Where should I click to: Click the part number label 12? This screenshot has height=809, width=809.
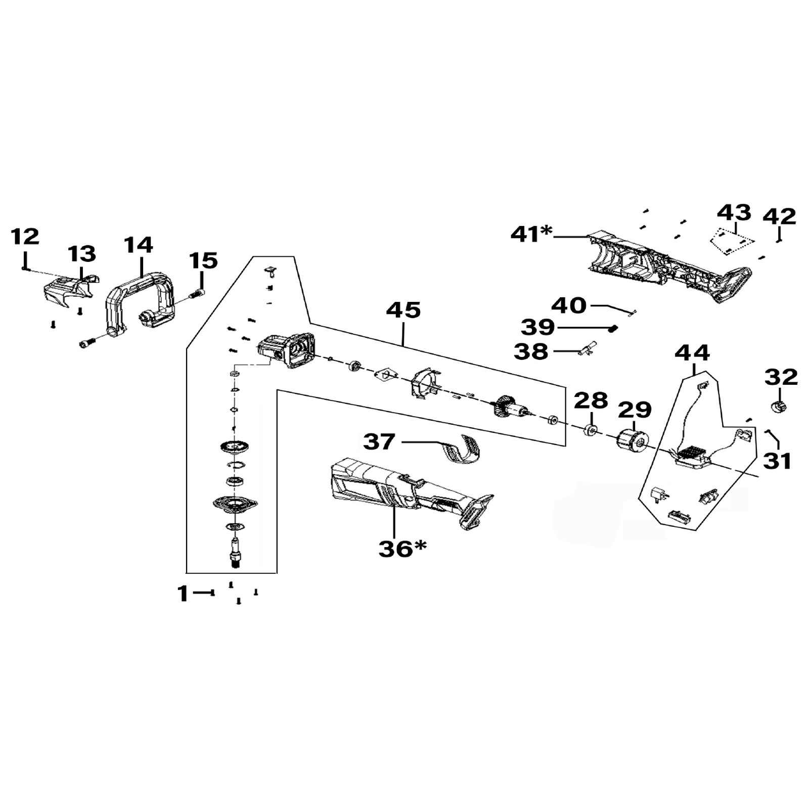(x=25, y=237)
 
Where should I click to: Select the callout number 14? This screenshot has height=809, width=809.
(x=139, y=245)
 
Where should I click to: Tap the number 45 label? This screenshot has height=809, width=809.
(x=403, y=310)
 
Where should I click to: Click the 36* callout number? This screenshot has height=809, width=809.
(x=402, y=549)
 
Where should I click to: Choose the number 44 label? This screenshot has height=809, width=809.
(x=692, y=352)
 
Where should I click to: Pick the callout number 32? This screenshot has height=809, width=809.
(x=781, y=377)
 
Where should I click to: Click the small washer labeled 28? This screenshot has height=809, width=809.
(x=590, y=430)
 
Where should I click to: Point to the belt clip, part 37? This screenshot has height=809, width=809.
(x=461, y=449)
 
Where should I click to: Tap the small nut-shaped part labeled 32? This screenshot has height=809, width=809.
(x=779, y=406)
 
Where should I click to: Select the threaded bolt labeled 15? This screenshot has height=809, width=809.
(x=196, y=293)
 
